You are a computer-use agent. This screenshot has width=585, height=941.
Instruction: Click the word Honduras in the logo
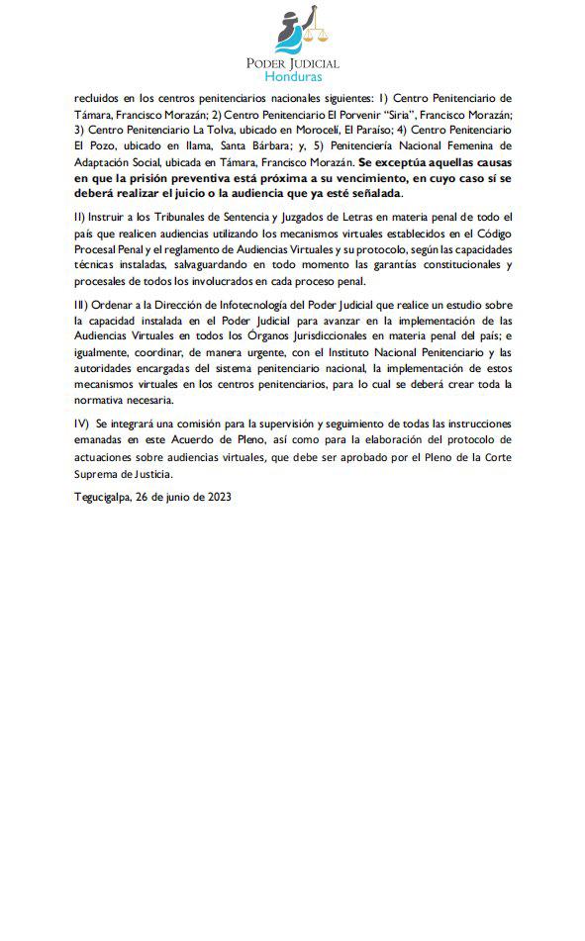click(292, 74)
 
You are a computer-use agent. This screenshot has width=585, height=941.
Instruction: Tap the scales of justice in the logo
click(319, 37)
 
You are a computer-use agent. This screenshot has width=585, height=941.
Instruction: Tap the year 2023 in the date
click(216, 498)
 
